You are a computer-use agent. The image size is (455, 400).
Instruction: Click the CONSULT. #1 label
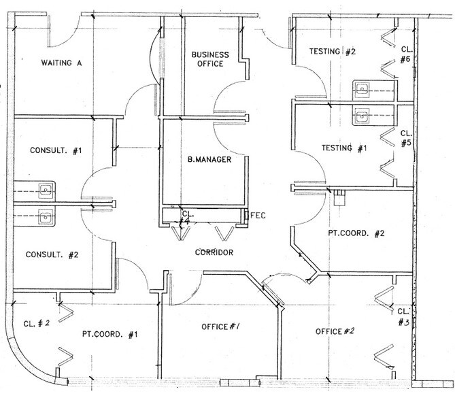pos(55,150)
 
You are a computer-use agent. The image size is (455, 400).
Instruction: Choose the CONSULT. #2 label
pos(53,256)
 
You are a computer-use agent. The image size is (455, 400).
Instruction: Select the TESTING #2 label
pos(332,51)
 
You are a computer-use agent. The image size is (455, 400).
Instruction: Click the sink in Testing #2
pos(362,87)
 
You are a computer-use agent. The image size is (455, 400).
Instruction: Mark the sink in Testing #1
pos(362,114)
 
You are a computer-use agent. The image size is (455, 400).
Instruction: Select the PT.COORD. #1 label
pos(110,334)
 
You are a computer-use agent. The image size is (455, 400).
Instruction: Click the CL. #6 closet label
pos(405,54)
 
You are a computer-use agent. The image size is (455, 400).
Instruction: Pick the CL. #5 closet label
pos(405,138)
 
